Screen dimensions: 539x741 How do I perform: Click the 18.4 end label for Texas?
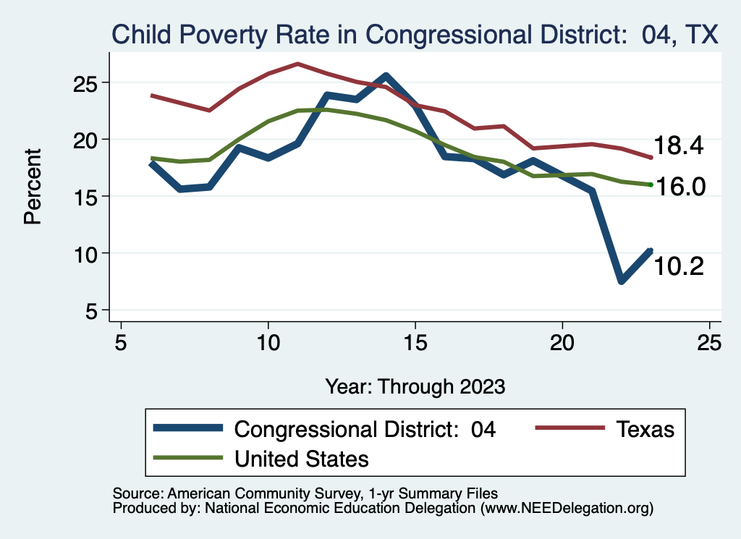678,145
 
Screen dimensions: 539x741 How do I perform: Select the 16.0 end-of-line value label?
680,187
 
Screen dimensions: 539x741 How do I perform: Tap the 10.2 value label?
678,266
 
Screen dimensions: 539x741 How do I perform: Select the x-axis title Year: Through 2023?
415,386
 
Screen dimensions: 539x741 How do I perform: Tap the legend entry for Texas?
645,429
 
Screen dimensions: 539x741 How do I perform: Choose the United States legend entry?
302,458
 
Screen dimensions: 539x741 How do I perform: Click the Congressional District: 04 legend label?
365,429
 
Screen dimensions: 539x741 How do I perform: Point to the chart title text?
413,34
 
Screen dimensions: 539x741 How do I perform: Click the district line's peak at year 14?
386,76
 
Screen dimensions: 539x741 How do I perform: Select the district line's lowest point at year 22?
622,281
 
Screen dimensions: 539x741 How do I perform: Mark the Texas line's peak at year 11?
297,64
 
